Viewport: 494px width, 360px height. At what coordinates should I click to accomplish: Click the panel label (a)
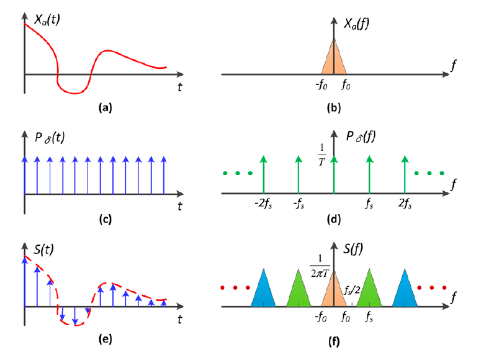(105, 107)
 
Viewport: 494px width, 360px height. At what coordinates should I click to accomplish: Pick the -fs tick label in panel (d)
(299, 202)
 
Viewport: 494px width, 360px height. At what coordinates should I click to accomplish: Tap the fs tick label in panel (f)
(369, 316)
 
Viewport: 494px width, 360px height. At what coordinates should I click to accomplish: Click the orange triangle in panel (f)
(334, 292)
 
